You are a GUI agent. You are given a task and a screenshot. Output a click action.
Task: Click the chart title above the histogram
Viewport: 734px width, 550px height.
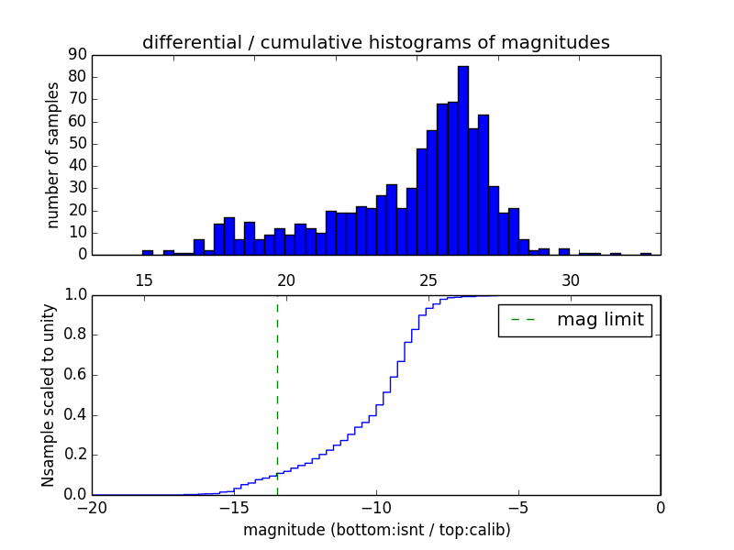[375, 42]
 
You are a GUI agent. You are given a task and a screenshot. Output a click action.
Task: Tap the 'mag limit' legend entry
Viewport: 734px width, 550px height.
[574, 320]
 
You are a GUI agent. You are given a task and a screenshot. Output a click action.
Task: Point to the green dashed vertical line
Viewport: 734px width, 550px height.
[277, 394]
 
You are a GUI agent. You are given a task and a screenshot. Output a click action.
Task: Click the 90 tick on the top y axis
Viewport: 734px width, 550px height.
[77, 55]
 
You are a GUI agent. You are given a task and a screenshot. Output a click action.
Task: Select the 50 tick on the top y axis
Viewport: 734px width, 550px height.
[77, 144]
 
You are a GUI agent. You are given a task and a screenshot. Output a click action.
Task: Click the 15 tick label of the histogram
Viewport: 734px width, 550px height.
[144, 280]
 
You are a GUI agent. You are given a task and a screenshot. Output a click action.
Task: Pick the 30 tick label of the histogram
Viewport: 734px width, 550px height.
[571, 280]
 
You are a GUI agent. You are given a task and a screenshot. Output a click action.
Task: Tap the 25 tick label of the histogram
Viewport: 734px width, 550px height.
[428, 280]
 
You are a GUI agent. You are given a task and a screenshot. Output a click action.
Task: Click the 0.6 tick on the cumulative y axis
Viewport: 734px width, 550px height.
[75, 375]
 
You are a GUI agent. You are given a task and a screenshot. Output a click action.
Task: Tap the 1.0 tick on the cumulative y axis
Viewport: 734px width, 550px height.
[75, 295]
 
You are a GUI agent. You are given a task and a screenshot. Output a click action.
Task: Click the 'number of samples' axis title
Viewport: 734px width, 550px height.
[53, 155]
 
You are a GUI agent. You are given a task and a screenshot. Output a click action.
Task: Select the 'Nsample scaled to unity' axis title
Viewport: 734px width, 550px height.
[48, 395]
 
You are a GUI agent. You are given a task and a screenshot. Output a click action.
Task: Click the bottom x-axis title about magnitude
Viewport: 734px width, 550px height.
[376, 530]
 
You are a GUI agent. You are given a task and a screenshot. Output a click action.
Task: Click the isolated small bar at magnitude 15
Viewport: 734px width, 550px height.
[148, 252]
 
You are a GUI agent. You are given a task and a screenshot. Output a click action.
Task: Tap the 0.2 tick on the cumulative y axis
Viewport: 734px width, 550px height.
[75, 455]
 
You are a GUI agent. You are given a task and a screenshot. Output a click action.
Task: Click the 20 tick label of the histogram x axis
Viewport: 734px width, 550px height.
[286, 280]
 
